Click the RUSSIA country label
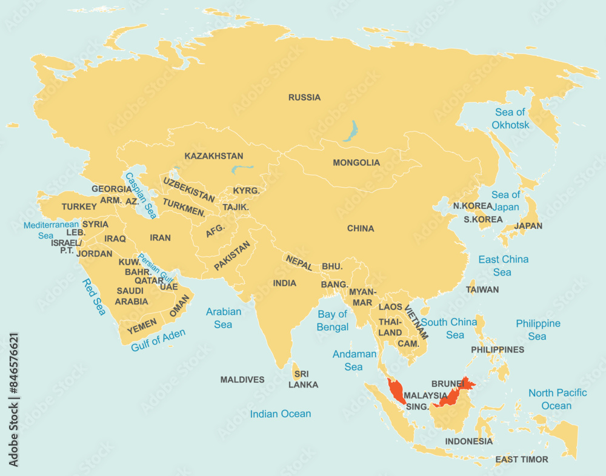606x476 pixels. tap(304, 98)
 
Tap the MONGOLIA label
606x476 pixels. tap(356, 163)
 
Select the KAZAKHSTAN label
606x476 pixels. tap(214, 156)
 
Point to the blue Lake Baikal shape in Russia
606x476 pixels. tap(350, 130)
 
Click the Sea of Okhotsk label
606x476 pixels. tap(510, 119)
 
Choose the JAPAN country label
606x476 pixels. tap(528, 226)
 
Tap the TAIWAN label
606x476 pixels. tap(482, 290)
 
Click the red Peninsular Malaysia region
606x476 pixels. tap(395, 391)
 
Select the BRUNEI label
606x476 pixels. tap(447, 384)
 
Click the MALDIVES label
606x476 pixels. tap(242, 380)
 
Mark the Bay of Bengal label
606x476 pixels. tap(333, 321)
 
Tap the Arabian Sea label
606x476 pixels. tap(223, 318)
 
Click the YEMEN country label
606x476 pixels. tap(142, 325)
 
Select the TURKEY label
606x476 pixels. tap(79, 207)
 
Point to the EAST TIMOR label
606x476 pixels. tap(521, 460)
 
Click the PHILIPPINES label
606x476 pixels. tap(498, 350)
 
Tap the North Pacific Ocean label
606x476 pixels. tap(557, 399)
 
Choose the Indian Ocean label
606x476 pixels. tap(281, 414)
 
